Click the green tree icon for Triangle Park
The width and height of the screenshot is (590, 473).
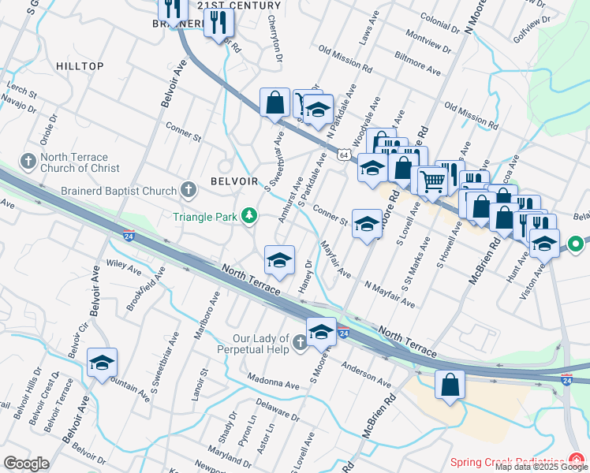pos(249,215)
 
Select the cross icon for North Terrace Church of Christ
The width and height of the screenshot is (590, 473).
pos(28,162)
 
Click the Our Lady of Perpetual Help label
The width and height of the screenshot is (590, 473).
pos(252,344)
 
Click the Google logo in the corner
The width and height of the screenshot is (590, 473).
pos(26,464)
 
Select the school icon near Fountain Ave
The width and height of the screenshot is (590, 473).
pos(102,363)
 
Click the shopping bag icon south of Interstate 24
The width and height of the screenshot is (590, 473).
pos(450,385)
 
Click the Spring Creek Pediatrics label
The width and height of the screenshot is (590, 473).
pos(506,462)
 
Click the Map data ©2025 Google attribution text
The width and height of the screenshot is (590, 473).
pos(541,467)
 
